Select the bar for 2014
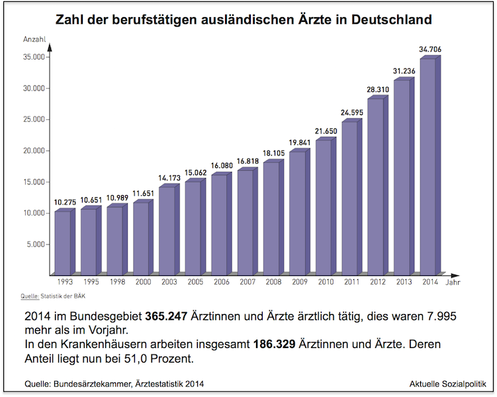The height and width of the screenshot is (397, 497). (428, 167)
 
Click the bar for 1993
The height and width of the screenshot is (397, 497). (63, 243)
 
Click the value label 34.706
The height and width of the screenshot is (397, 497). (430, 50)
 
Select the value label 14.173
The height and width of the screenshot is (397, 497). (170, 177)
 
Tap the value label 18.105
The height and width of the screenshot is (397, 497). (274, 153)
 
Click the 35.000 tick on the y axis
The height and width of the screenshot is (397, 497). (33, 57)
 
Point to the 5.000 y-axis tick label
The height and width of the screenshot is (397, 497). (35, 244)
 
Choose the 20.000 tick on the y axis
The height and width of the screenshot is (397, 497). (33, 151)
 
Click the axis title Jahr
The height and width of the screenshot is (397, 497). (453, 282)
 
